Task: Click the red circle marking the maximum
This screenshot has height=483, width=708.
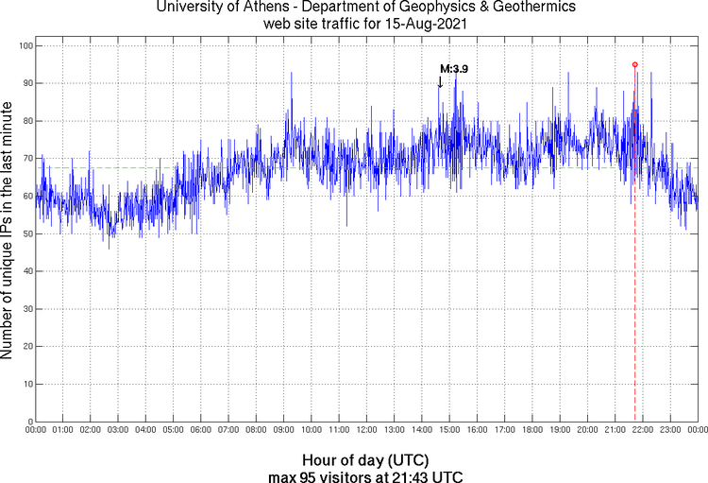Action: coord(634,64)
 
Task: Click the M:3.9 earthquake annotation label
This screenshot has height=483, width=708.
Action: coord(454,69)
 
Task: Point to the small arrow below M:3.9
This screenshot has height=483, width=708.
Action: coord(440,82)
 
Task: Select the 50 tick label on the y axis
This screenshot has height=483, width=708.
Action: coord(26,233)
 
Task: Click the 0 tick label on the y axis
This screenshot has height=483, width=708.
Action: coord(29,422)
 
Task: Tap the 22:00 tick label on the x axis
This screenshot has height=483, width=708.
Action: coord(643,430)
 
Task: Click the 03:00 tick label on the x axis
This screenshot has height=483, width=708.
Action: coord(118,430)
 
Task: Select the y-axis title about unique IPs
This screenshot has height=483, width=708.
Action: coord(8,233)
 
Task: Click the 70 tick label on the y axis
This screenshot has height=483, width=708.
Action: coord(26,158)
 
